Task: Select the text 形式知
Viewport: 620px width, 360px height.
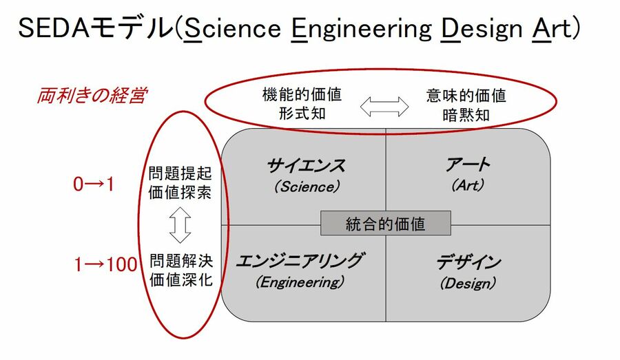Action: tap(302, 113)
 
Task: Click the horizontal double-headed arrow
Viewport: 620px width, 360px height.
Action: tap(384, 105)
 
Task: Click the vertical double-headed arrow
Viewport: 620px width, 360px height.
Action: tap(180, 226)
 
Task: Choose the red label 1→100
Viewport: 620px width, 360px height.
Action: tap(105, 264)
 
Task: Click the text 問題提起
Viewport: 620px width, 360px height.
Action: tap(180, 173)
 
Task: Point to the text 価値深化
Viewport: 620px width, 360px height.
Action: tap(180, 280)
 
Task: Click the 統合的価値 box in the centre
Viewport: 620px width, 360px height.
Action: tap(385, 224)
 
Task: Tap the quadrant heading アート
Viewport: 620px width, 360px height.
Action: tap(468, 165)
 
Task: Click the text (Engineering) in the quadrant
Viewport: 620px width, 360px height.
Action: tap(299, 282)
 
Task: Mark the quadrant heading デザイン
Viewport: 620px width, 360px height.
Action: tap(468, 263)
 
